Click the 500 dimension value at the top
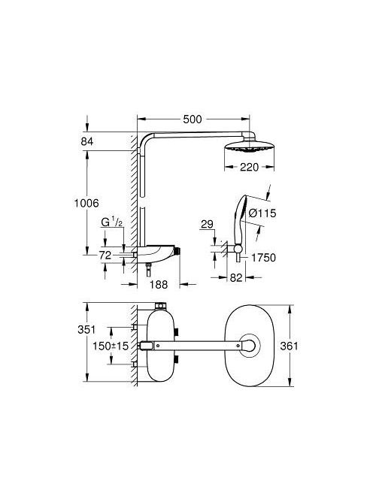[x=193, y=119]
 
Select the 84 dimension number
[x=87, y=141]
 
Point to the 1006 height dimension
[x=86, y=203]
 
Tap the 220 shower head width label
[x=249, y=167]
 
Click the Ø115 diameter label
[x=262, y=213]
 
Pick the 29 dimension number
[x=207, y=225]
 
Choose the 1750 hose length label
[x=263, y=258]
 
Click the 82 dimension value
[x=236, y=277]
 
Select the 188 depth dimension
[x=159, y=284]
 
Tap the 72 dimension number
[x=105, y=255]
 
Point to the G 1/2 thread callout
[x=111, y=222]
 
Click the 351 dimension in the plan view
[x=86, y=329]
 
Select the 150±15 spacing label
[x=111, y=346]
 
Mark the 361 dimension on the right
[x=289, y=346]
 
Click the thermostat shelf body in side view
[x=156, y=252]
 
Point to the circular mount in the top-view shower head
[x=250, y=345]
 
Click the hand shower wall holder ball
[x=238, y=249]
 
